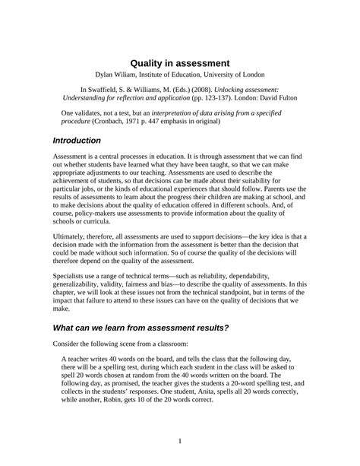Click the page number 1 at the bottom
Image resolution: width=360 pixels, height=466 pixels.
(180, 441)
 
